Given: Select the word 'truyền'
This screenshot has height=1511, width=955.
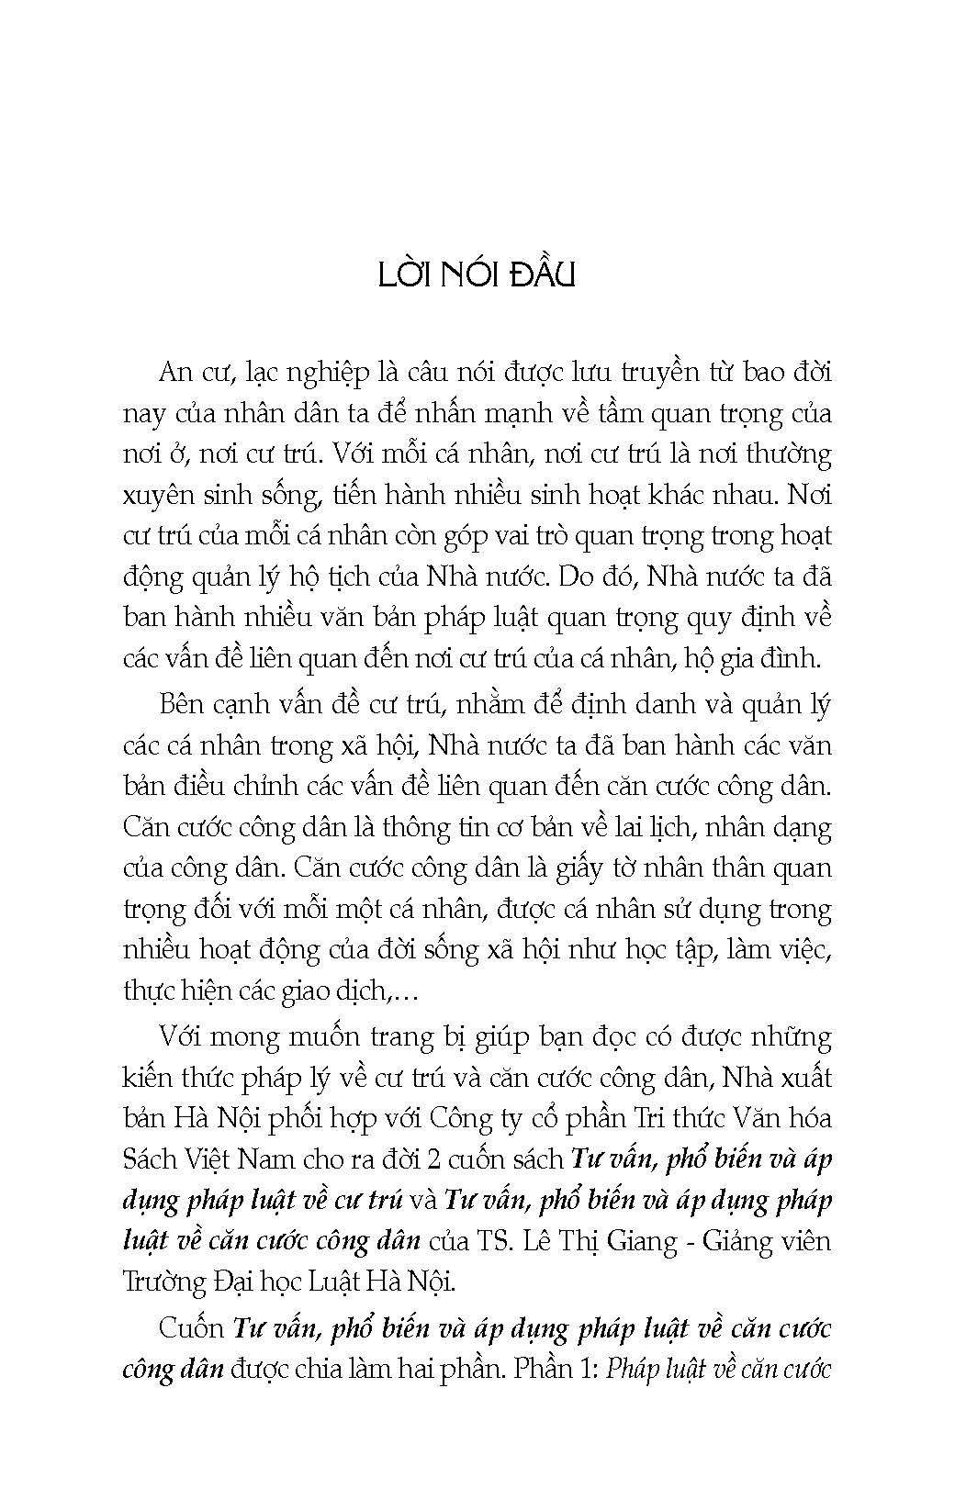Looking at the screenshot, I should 640,374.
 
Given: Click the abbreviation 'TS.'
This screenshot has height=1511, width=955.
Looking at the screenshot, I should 490,1240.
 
